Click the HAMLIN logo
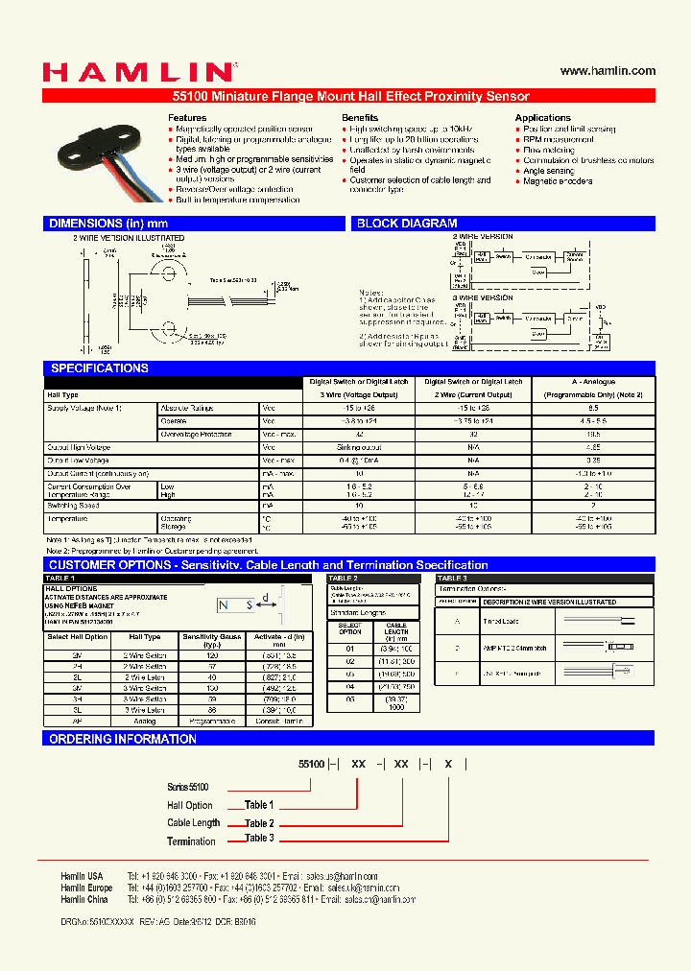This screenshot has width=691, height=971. [137, 73]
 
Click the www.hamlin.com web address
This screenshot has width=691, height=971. [608, 71]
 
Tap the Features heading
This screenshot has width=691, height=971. [187, 118]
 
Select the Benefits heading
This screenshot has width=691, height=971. [360, 118]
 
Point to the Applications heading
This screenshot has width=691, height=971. [542, 118]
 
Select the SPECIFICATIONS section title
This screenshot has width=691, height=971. [99, 368]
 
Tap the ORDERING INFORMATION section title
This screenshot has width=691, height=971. [122, 739]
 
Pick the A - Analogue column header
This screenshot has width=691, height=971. [593, 382]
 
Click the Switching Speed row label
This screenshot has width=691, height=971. [73, 505]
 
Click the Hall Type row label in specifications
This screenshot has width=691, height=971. [62, 394]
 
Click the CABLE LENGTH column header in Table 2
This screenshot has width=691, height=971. [395, 631]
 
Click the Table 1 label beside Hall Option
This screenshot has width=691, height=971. [259, 805]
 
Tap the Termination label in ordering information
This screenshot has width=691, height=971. [191, 841]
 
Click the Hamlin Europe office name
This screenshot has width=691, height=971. [86, 888]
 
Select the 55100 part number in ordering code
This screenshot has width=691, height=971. [313, 765]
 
